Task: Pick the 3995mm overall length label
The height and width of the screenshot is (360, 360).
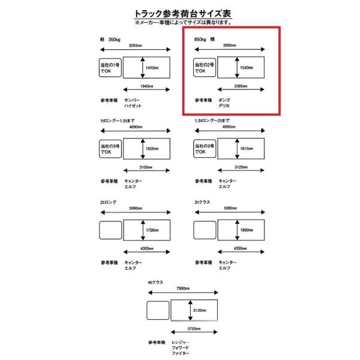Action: pyautogui.click(x=232, y=46)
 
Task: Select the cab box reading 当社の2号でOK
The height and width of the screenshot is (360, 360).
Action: pyautogui.click(x=204, y=67)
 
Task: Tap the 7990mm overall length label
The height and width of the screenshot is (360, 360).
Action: pyautogui.click(x=184, y=288)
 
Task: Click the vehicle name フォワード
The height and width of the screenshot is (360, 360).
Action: pyautogui.click(x=181, y=350)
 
